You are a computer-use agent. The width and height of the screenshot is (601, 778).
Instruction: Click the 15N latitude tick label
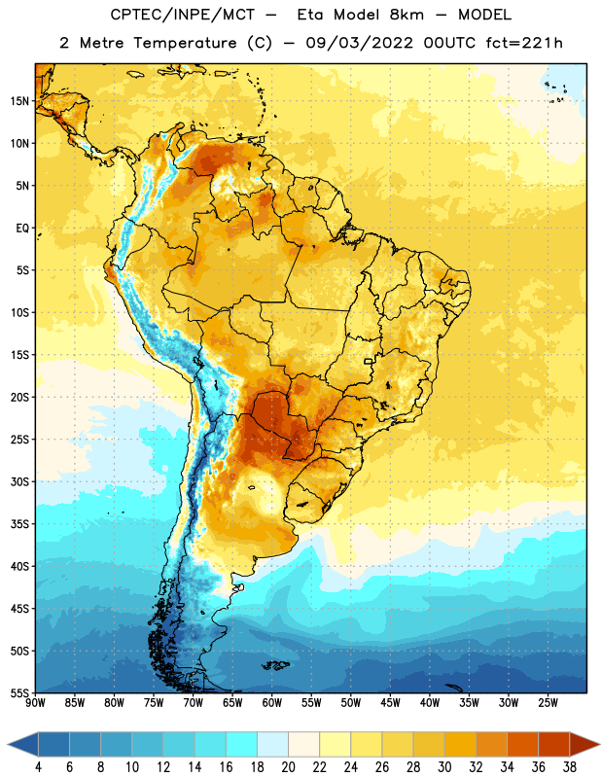point(19,101)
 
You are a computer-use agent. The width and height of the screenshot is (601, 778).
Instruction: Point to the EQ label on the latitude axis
point(22,229)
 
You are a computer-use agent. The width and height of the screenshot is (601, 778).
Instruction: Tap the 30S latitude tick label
point(19,481)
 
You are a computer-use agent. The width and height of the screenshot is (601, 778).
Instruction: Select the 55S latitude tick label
point(19,692)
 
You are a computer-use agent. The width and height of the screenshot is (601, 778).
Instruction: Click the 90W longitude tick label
point(35,703)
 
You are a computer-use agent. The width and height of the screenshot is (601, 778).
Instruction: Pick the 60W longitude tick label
point(272,703)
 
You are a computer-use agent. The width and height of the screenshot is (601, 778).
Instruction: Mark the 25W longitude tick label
point(548,703)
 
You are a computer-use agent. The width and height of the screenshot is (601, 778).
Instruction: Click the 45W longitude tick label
point(390,703)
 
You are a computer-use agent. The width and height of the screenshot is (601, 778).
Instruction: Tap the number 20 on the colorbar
point(288,767)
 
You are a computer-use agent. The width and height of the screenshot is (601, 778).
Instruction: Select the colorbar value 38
point(570,767)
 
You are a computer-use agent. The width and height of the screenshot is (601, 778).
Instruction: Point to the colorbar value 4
point(38,767)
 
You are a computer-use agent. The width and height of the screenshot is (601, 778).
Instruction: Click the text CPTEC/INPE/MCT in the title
point(182,15)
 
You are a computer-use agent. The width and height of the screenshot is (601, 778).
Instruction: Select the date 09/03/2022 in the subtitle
point(359,43)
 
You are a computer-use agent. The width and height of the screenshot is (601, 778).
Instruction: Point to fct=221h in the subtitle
point(524,43)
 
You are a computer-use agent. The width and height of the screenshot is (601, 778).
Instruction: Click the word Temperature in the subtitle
point(185,43)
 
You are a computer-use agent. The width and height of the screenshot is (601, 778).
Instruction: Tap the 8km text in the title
point(407,15)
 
